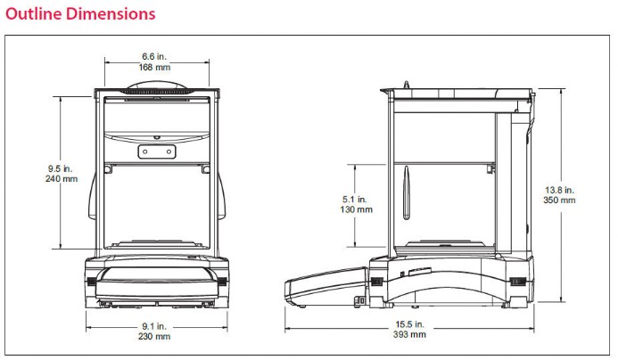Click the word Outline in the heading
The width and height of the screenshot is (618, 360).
pyautogui.click(x=34, y=13)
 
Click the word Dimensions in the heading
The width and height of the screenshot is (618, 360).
pyautogui.click(x=111, y=13)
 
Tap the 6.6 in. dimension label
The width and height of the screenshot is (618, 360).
pyautogui.click(x=154, y=57)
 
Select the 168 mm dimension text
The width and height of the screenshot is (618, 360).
pyautogui.click(x=154, y=68)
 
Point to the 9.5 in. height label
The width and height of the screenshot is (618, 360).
pyautogui.click(x=61, y=168)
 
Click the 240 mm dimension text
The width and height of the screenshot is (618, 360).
pyautogui.click(x=62, y=179)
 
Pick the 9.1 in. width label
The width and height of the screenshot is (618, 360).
pyautogui.click(x=154, y=326)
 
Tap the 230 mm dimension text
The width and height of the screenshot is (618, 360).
pyautogui.click(x=154, y=336)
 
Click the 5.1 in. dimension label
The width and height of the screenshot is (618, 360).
pyautogui.click(x=355, y=200)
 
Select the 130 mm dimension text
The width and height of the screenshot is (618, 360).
pyautogui.click(x=357, y=209)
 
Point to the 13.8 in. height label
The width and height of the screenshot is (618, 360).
pyautogui.click(x=560, y=190)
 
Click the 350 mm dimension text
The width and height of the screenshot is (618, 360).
pyautogui.click(x=560, y=200)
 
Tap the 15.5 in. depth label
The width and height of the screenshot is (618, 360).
pyautogui.click(x=410, y=324)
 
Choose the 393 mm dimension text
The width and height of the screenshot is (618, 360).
pyautogui.click(x=410, y=334)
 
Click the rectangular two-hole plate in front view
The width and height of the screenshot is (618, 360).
pyautogui.click(x=157, y=151)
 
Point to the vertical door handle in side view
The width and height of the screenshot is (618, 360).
pyautogui.click(x=407, y=192)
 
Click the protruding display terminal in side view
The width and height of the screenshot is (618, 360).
pyautogui.click(x=326, y=286)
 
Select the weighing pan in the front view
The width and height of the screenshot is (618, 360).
pyautogui.click(x=157, y=243)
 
